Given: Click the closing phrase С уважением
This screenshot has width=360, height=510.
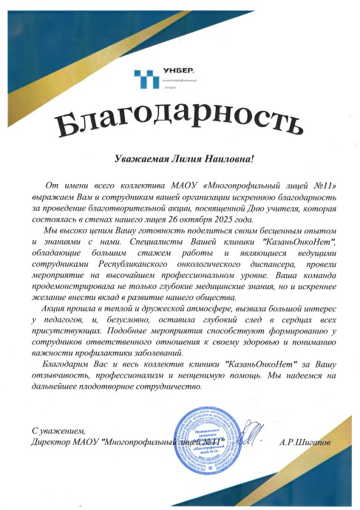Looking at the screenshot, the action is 59,430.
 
